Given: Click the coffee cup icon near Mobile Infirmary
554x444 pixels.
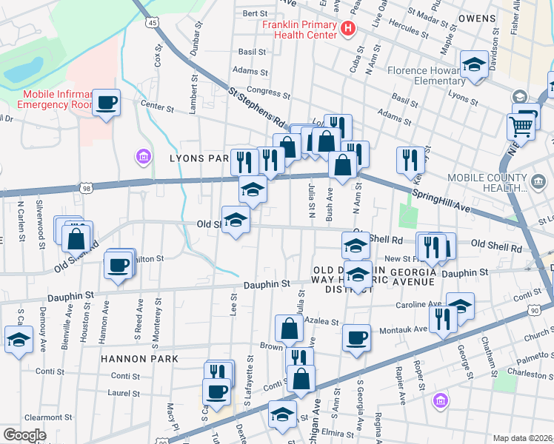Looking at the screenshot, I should [107, 102].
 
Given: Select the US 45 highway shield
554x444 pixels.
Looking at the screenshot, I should [152, 23].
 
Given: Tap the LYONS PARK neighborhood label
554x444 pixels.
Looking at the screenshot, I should [199, 158].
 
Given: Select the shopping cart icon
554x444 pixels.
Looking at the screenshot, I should [521, 127].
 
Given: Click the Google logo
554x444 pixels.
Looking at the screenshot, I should [24, 435].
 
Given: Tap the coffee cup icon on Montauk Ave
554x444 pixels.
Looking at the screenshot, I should [357, 337].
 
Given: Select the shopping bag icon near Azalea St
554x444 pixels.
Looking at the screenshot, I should [289, 328].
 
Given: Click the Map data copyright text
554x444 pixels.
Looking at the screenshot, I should [522, 438].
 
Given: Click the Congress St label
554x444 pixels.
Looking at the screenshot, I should [267, 92].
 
